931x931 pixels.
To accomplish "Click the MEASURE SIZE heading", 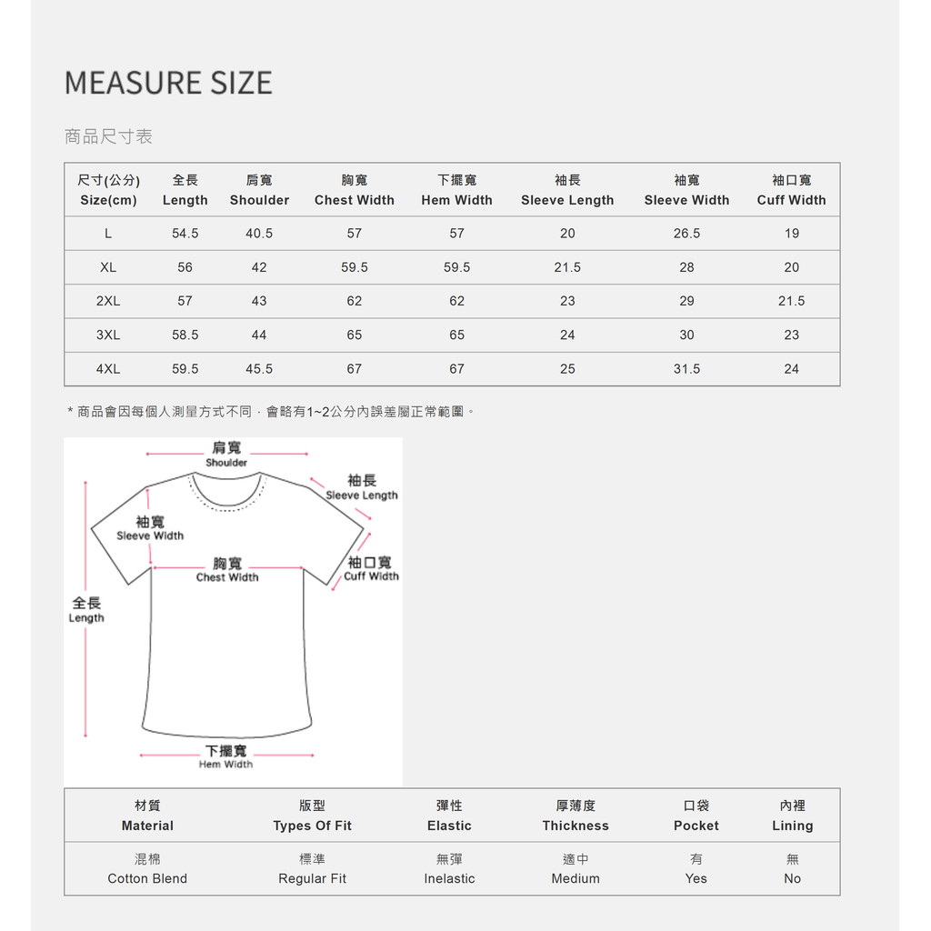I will point(168,83).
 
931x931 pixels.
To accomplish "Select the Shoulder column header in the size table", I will point(259,191).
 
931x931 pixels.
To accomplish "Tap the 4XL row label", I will point(108,369).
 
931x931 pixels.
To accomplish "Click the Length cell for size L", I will point(185,234).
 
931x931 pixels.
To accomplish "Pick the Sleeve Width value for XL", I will point(686,267).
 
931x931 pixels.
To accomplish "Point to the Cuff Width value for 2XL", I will point(791,301).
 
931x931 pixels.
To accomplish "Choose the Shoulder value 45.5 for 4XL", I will point(259,369).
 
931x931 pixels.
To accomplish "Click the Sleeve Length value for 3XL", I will point(567,335).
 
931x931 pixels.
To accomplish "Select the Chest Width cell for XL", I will point(354,267).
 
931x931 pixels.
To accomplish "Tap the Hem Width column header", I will point(456,191).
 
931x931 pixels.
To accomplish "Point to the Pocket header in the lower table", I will point(696,816).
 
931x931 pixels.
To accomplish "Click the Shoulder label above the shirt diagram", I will point(226,454).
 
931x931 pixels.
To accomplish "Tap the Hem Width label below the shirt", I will point(225,756).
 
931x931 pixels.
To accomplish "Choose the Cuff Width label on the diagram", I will point(370,569).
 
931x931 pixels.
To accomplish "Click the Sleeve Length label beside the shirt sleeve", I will point(362,487).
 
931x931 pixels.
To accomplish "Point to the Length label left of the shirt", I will point(86,609).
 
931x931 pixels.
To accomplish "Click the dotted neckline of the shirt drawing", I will point(226,505).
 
